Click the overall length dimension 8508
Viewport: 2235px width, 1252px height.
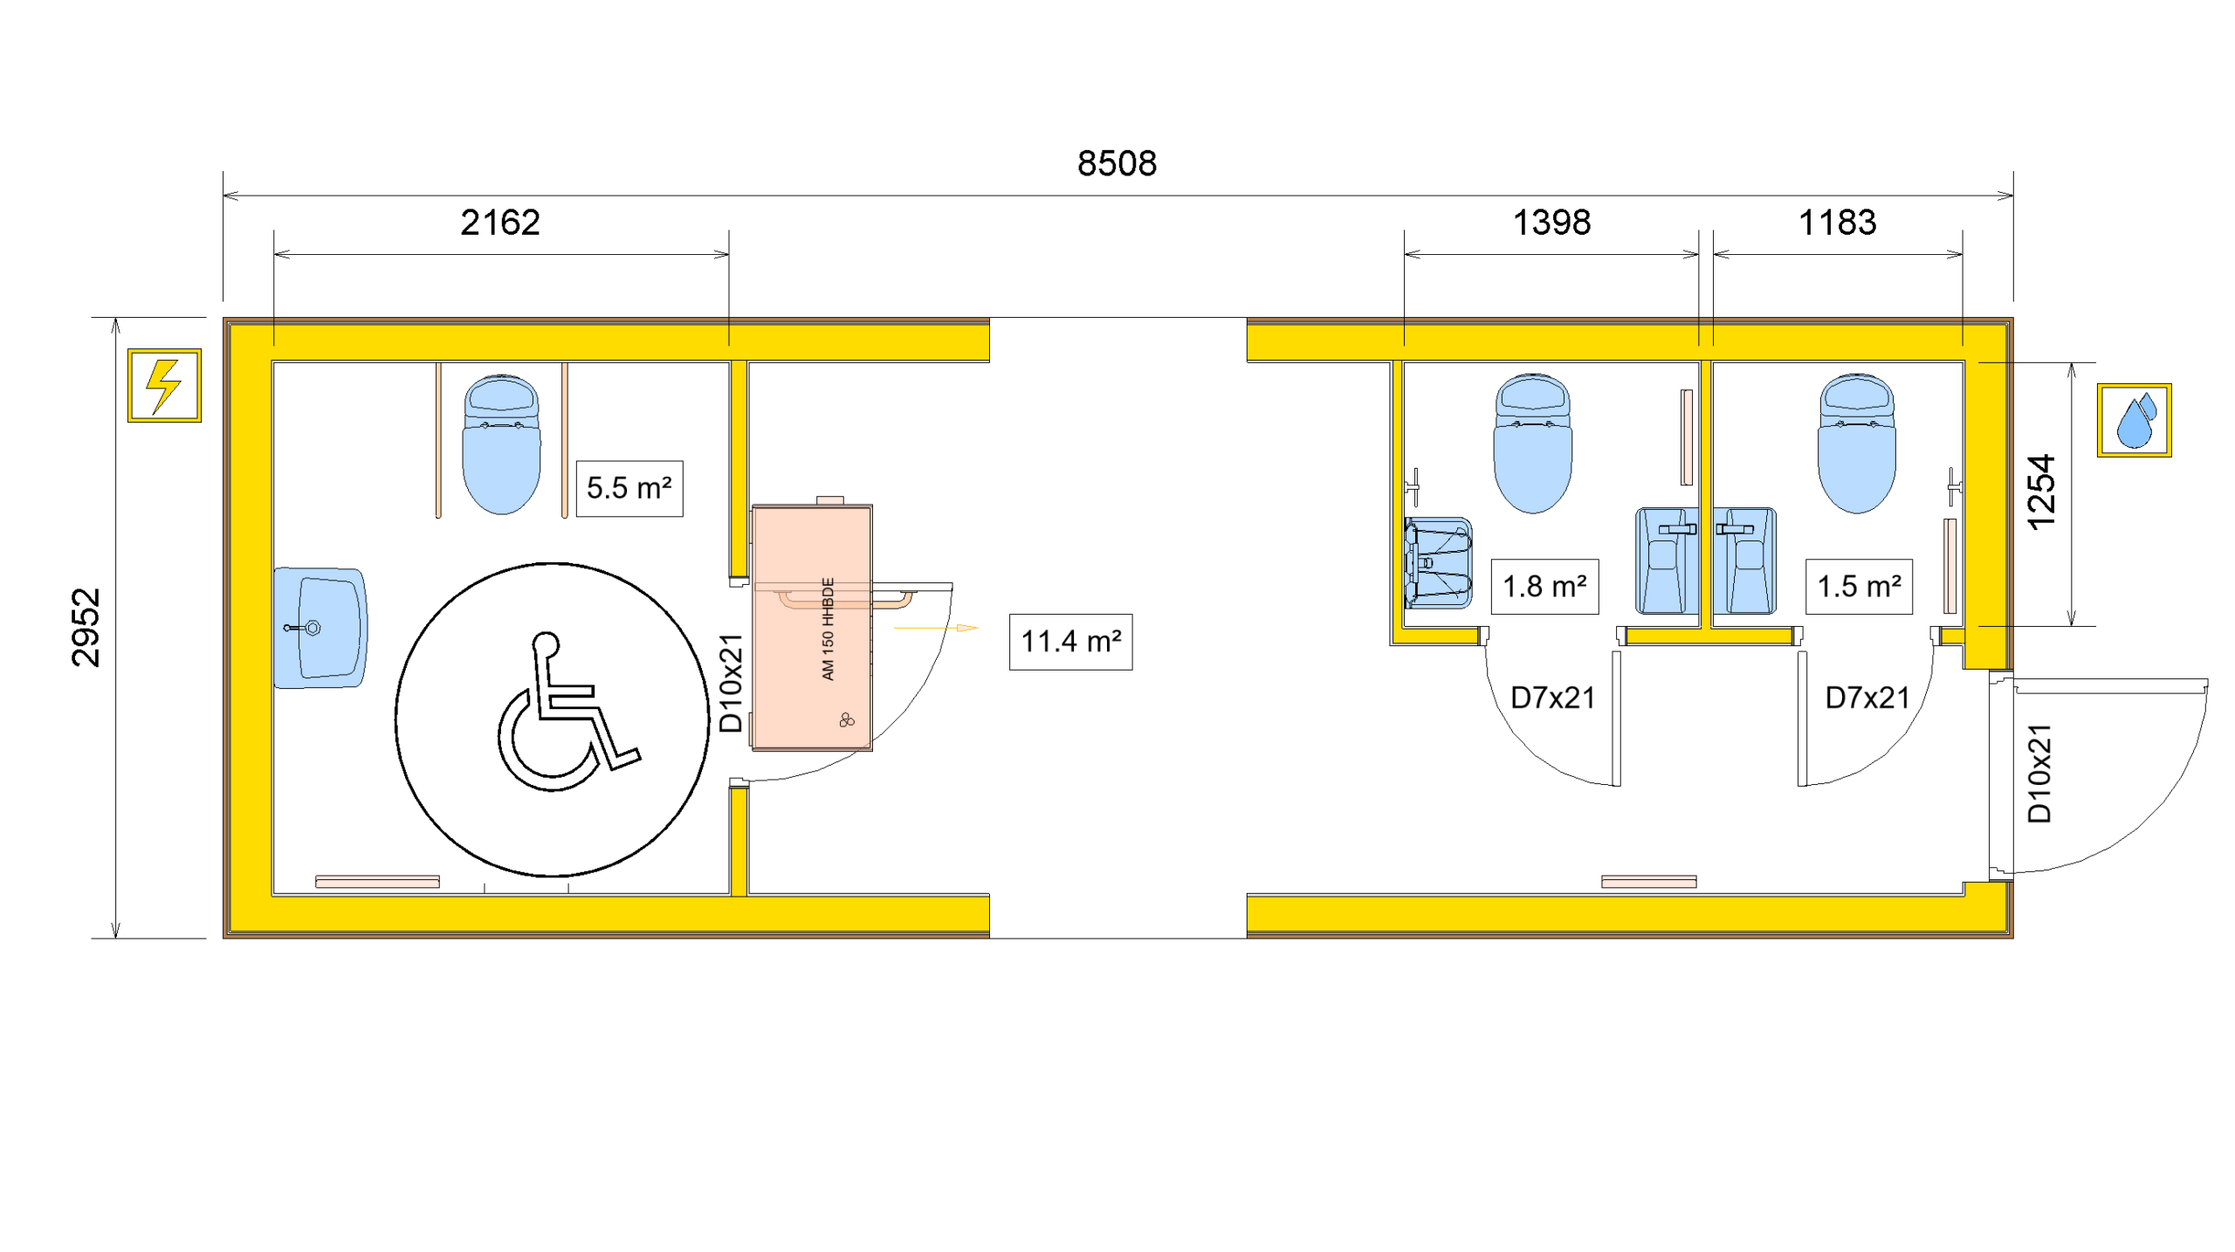point(1117,163)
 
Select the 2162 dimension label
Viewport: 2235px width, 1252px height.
point(500,223)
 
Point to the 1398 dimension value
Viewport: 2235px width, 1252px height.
point(1551,223)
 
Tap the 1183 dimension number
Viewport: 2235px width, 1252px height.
point(1837,223)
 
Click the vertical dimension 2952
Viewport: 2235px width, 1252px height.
point(86,628)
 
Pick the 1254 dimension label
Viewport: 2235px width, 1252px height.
point(2041,493)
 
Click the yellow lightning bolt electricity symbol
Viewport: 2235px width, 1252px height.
point(164,385)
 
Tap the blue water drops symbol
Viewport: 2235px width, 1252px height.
point(2134,420)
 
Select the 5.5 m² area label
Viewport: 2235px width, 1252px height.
point(629,488)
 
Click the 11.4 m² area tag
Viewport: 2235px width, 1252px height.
point(1070,642)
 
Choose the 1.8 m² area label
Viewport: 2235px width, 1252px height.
point(1544,587)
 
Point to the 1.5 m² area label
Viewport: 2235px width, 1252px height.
point(1859,587)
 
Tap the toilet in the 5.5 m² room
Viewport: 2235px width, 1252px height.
point(501,444)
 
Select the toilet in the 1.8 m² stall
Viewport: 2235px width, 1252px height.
point(1533,444)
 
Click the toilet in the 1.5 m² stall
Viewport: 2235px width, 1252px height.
point(1857,444)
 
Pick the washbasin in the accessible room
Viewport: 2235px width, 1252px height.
point(320,628)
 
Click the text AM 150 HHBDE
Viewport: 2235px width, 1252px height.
point(828,629)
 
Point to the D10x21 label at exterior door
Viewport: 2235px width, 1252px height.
point(2039,774)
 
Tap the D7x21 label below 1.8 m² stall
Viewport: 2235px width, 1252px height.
point(1553,698)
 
